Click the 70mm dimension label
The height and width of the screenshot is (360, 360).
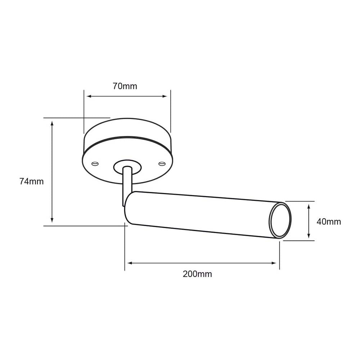tap(125, 86)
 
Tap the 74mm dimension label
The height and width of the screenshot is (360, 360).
tap(31, 181)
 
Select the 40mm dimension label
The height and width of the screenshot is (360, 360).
tap(329, 221)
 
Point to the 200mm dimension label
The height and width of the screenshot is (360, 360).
tap(197, 274)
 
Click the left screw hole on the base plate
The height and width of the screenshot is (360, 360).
tap(95, 164)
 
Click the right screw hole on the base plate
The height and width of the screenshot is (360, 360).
tap(162, 163)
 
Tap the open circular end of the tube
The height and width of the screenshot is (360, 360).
tap(280, 220)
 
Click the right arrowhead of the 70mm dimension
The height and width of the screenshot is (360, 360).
tap(165, 96)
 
